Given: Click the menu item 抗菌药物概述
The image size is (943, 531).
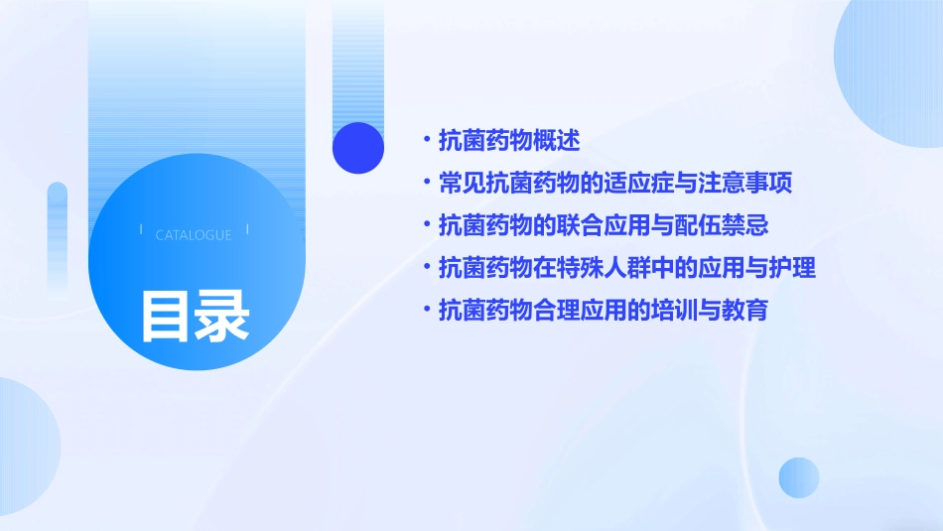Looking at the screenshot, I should [508, 141].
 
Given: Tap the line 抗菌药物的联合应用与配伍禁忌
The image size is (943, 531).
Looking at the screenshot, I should [604, 225].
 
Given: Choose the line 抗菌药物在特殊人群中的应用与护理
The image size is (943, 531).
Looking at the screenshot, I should [627, 268].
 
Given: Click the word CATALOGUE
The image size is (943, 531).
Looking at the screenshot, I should [194, 235].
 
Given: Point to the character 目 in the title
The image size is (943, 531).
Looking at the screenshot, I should [166, 317].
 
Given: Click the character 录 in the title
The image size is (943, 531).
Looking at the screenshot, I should [222, 317].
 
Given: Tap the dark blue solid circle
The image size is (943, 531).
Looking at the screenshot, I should [358, 148].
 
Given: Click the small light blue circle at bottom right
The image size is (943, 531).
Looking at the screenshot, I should [799, 477].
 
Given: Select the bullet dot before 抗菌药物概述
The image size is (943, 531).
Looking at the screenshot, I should [426, 141].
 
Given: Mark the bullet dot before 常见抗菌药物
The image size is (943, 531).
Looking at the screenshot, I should [426, 184].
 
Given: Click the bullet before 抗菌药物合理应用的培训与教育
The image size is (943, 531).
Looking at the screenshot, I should [426, 310].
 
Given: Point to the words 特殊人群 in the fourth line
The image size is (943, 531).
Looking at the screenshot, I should [579, 268].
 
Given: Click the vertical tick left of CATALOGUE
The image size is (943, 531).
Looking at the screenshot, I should [141, 229].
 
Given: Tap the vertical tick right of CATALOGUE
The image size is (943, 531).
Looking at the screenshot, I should [247, 229].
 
